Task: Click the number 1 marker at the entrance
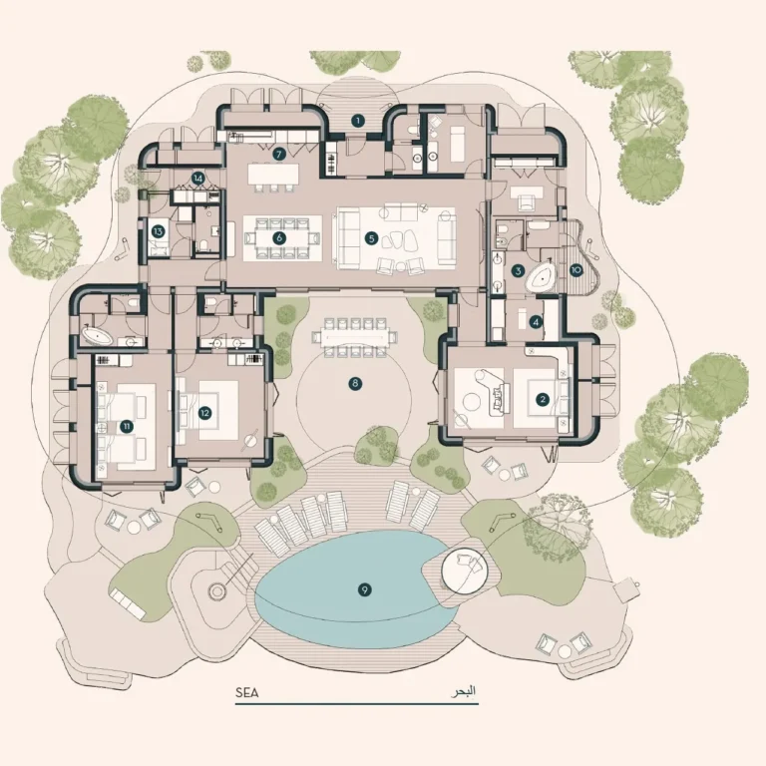358,120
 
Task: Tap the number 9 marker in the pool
364,589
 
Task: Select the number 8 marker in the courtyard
355,383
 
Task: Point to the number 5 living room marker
372,239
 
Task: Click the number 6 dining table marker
279,238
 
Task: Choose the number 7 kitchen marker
279,155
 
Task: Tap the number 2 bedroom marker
543,400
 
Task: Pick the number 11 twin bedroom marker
127,427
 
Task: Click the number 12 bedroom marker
204,413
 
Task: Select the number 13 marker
158,231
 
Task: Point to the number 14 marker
197,179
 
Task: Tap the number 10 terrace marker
576,270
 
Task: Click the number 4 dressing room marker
536,322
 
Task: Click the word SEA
246,692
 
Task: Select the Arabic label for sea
463,692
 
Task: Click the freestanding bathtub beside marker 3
542,279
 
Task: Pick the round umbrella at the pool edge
463,573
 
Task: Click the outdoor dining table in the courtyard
355,337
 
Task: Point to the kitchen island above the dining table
273,174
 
